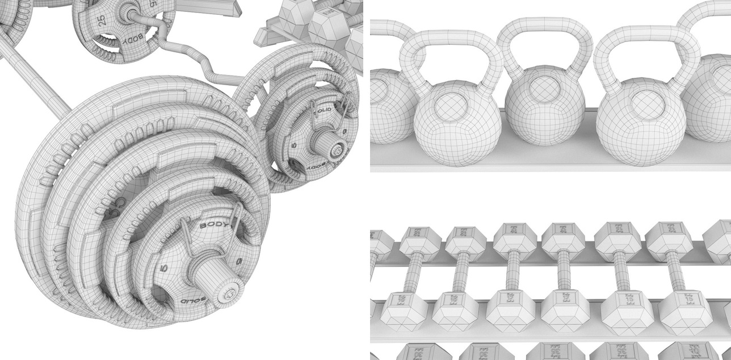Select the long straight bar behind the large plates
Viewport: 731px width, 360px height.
coord(40,79)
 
